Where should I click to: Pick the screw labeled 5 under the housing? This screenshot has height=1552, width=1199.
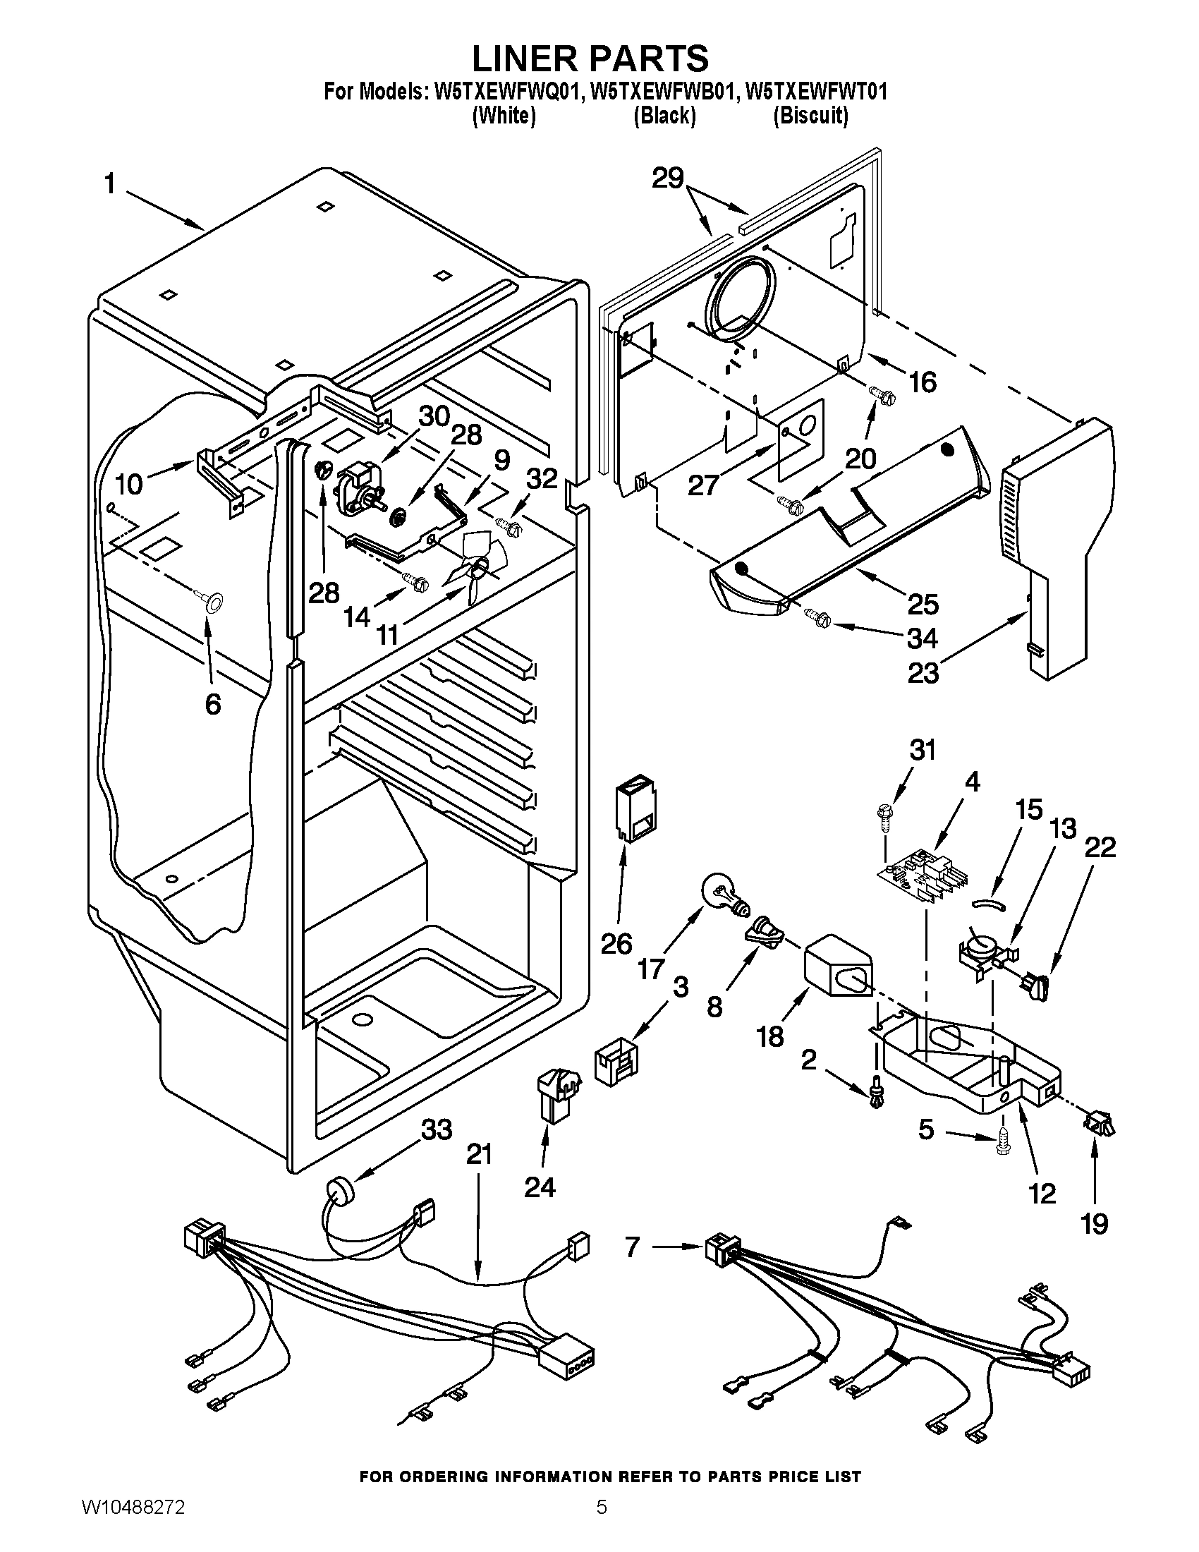[1002, 1142]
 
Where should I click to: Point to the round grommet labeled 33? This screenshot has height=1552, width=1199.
[340, 1189]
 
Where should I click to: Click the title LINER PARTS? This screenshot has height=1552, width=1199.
[590, 58]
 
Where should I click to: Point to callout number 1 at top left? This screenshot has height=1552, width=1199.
[109, 185]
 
